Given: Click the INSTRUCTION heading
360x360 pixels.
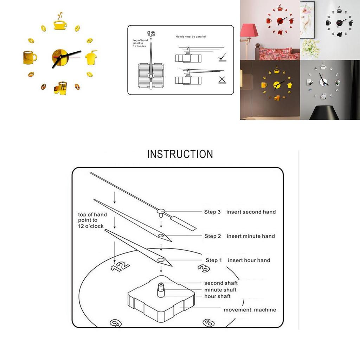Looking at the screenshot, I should click(x=180, y=154).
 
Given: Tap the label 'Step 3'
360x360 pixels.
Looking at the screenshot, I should click(x=212, y=212).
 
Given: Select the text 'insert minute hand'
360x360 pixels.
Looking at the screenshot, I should click(x=251, y=236).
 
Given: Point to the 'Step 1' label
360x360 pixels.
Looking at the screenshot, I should click(x=214, y=261).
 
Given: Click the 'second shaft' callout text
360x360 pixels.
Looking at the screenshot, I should click(x=221, y=283).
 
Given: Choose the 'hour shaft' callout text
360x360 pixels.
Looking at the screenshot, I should click(x=217, y=296).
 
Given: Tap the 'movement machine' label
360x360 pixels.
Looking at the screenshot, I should click(x=250, y=310).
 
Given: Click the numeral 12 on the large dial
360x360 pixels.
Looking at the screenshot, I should click(x=121, y=266).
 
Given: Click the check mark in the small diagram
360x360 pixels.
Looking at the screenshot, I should click(x=222, y=57).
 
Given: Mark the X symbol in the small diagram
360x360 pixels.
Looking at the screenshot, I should click(x=222, y=79).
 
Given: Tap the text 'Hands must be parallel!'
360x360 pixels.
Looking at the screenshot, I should click(x=191, y=37).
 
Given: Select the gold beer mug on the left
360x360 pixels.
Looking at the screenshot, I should click(x=30, y=57).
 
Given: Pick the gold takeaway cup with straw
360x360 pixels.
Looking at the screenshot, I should click(x=91, y=57).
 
